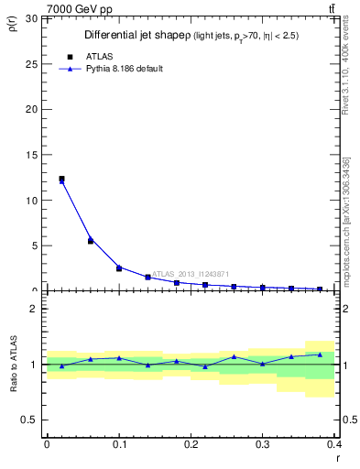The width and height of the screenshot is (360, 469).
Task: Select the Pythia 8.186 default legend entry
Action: (x=125, y=69)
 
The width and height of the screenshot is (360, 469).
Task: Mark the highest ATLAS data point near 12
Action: (x=61, y=179)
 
